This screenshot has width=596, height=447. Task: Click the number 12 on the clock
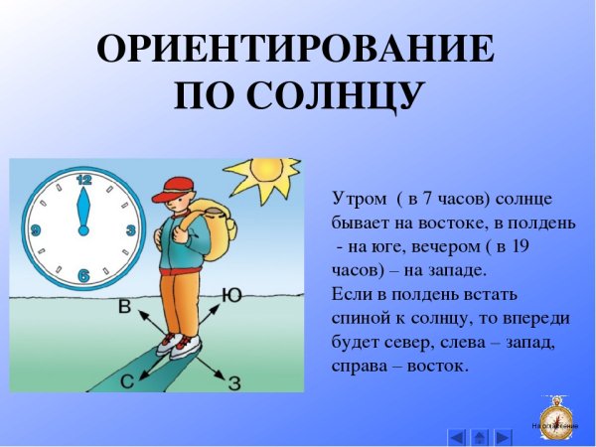(x=83, y=180)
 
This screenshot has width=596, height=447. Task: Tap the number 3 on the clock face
(x=130, y=229)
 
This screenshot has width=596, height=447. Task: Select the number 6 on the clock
(x=83, y=274)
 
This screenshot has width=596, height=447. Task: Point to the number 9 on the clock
(x=36, y=229)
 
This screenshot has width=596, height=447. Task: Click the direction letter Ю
(x=231, y=295)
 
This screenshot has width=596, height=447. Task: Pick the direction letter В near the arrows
(x=125, y=306)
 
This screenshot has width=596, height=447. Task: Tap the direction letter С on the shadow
(x=127, y=381)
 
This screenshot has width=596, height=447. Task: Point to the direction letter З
(x=234, y=382)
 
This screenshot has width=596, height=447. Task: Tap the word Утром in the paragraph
(x=359, y=199)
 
